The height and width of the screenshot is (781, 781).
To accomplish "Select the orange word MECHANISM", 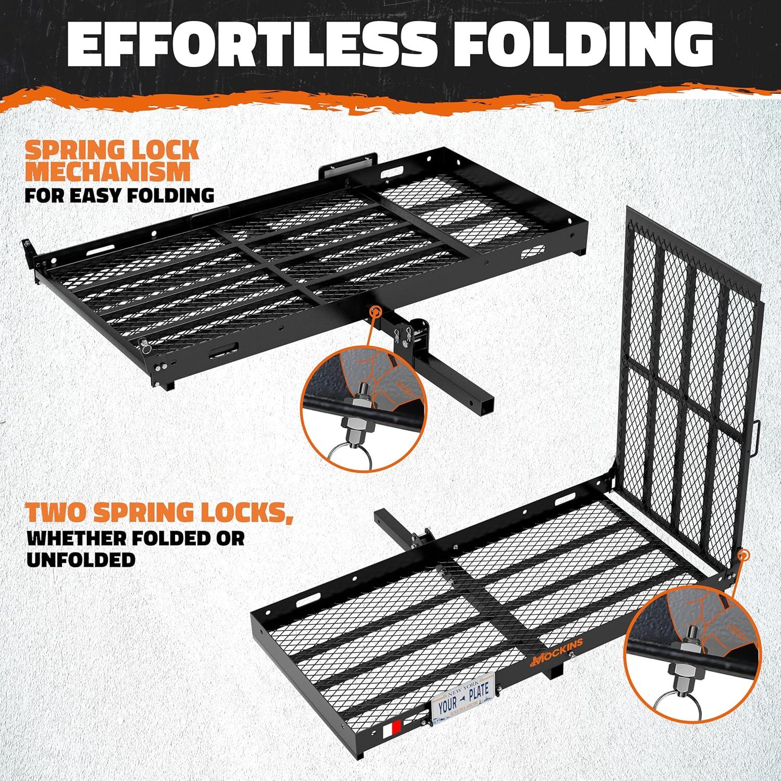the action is (108, 172).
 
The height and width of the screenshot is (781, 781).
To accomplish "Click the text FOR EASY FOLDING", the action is (120, 195).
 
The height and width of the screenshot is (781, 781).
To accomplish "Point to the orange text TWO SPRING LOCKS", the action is (159, 513).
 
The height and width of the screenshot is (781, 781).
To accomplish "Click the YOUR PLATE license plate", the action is (462, 691).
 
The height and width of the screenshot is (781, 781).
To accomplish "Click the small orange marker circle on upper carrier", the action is (374, 312).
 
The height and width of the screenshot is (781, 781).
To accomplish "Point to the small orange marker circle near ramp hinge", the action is (744, 556).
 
